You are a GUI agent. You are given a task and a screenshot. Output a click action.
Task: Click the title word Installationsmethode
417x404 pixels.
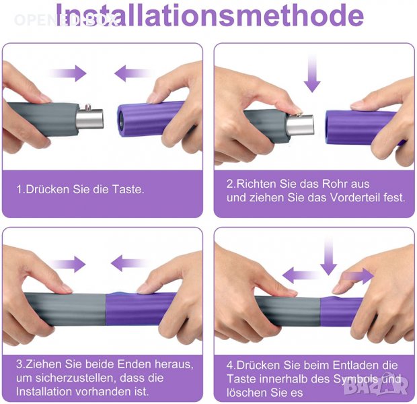coord(210,15)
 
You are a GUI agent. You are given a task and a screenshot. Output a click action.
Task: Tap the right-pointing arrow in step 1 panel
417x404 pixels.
coord(68,73)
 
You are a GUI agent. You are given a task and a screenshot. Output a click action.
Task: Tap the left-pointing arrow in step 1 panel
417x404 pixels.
coord(132,73)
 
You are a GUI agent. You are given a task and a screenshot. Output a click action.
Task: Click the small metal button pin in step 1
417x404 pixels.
coord(87,107)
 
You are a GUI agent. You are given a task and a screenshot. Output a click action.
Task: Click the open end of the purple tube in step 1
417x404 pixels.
coord(121,121)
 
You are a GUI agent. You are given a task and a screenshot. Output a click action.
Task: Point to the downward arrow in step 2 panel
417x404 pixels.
coord(312,73)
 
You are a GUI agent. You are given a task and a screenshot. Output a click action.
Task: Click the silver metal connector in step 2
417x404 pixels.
coord(301,125)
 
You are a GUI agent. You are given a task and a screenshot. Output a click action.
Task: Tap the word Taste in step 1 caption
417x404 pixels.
coord(128,189)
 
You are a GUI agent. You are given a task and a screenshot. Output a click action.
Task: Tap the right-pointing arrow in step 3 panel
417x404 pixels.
coord(67,264)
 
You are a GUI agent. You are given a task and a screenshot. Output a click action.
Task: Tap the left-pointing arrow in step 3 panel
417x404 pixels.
coord(129,263)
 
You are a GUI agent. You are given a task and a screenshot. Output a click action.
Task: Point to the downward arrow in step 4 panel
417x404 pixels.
coord(329,256)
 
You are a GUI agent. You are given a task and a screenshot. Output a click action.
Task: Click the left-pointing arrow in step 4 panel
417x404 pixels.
coord(301,275)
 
